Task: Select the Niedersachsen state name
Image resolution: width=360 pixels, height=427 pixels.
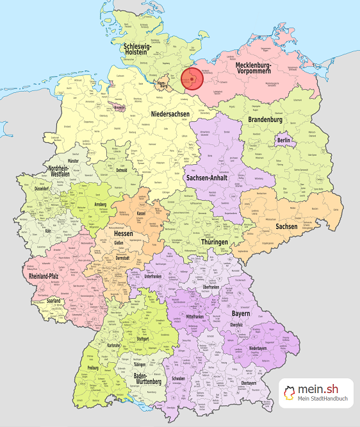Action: point(170,114)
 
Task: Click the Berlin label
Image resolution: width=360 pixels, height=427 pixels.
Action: point(284,140)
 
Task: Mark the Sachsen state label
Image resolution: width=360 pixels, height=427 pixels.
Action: point(286,226)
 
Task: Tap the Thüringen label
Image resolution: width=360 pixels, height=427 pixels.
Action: point(214,242)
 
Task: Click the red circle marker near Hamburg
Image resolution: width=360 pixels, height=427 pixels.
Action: point(192,80)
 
